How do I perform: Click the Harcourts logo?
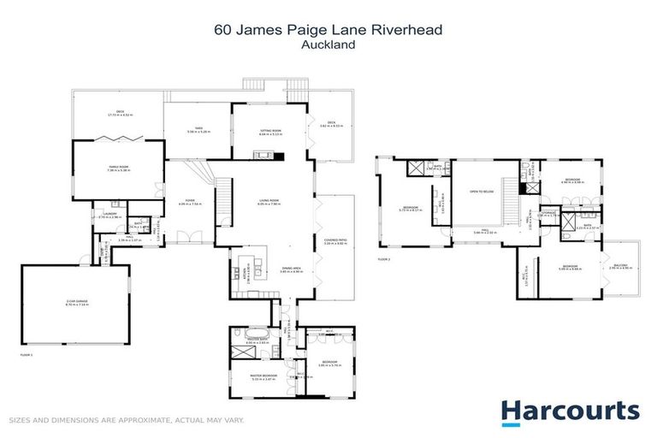tap(570, 411)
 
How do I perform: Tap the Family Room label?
tap(117, 169)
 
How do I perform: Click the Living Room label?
tap(270, 203)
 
